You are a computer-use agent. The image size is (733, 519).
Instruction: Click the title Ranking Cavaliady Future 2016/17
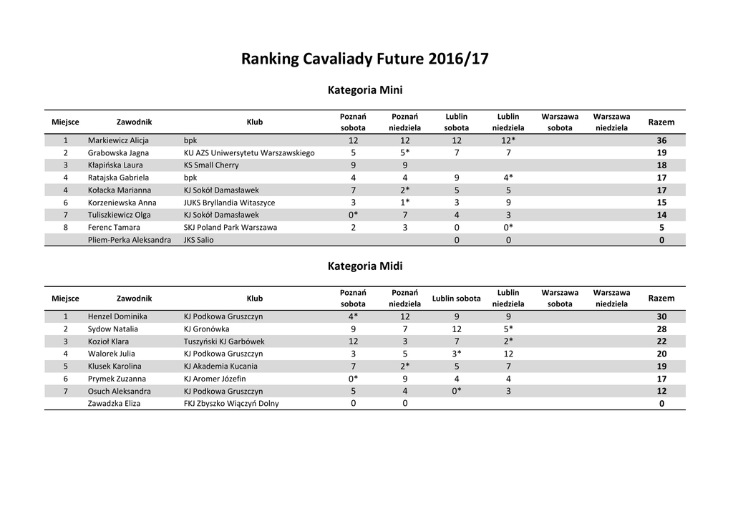click(x=365, y=58)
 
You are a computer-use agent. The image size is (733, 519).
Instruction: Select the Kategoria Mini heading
click(x=365, y=90)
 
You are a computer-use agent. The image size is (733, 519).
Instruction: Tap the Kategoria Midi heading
click(x=365, y=266)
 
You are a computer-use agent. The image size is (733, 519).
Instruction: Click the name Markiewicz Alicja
click(x=118, y=140)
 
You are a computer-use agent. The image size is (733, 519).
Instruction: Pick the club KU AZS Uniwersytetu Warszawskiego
click(x=249, y=152)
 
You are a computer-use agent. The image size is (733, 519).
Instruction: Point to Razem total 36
click(x=661, y=140)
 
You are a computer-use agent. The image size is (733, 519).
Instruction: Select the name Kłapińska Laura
click(x=115, y=165)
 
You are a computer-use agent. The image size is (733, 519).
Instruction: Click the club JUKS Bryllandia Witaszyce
click(x=229, y=203)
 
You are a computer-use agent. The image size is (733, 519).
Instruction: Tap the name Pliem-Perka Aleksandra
click(x=130, y=240)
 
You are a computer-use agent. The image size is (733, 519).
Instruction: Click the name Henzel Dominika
click(x=117, y=316)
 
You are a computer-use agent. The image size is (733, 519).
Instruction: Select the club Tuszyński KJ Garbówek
click(x=224, y=341)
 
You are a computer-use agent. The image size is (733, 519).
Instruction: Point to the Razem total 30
click(x=661, y=316)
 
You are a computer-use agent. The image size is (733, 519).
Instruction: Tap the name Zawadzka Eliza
click(x=114, y=404)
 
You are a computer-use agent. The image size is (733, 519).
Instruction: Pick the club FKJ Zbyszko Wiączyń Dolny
click(x=231, y=404)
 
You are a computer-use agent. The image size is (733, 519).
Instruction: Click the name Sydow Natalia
click(x=113, y=329)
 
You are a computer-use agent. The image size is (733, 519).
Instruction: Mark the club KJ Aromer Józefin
click(x=215, y=379)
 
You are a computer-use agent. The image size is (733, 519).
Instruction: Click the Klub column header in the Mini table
click(x=255, y=122)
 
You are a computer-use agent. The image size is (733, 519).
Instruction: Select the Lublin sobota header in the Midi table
click(x=457, y=299)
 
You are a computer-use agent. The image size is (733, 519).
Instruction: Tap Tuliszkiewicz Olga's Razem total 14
click(x=661, y=215)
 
